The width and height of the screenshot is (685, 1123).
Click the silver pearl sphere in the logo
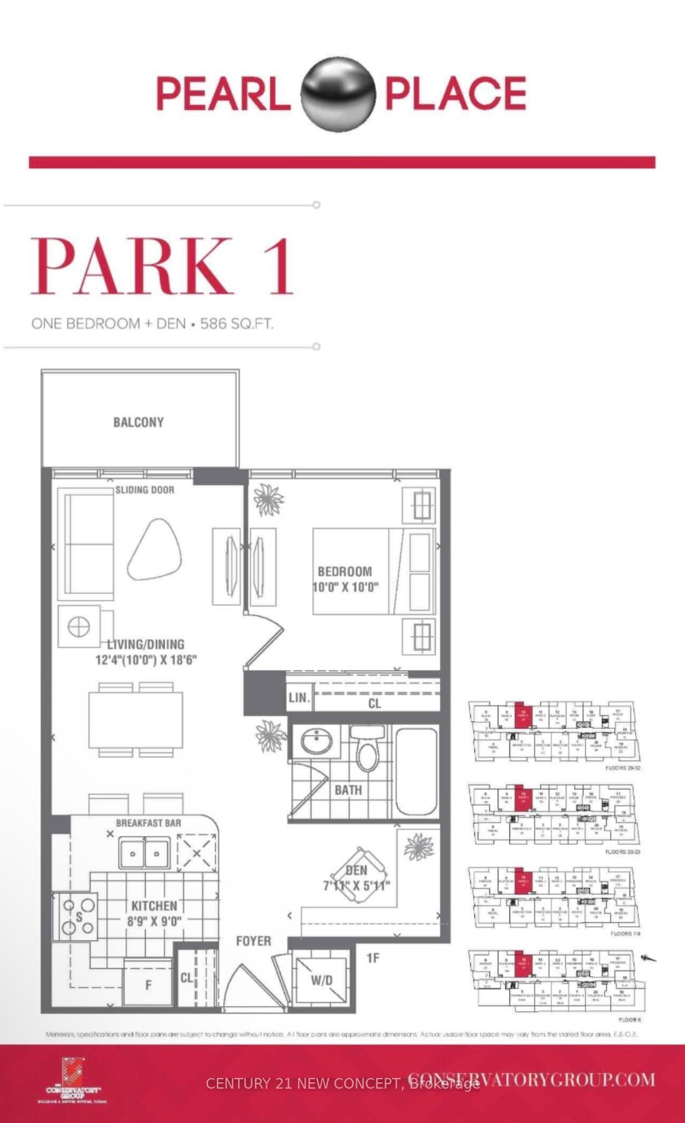coord(338,94)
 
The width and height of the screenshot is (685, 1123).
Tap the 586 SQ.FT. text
coord(236,324)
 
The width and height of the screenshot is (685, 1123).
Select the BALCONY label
coord(139,422)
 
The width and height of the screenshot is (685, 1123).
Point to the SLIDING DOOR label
coord(144,490)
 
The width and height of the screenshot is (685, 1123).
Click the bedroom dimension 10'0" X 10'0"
coord(346,587)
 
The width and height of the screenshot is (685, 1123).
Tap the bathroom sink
coord(315,742)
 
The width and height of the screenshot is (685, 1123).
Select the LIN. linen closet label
coord(299,698)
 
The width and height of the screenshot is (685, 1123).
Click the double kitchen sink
coord(144,854)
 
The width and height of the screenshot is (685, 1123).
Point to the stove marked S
coord(77,917)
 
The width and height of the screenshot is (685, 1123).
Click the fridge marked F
coord(148,985)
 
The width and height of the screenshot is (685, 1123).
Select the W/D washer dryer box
coord(322,980)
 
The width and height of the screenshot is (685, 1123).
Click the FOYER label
coord(253,941)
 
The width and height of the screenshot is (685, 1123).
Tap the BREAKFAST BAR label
coord(148,823)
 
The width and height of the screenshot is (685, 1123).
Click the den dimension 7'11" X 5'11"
coord(356,886)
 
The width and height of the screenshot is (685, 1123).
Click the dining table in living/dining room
coord(136,720)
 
